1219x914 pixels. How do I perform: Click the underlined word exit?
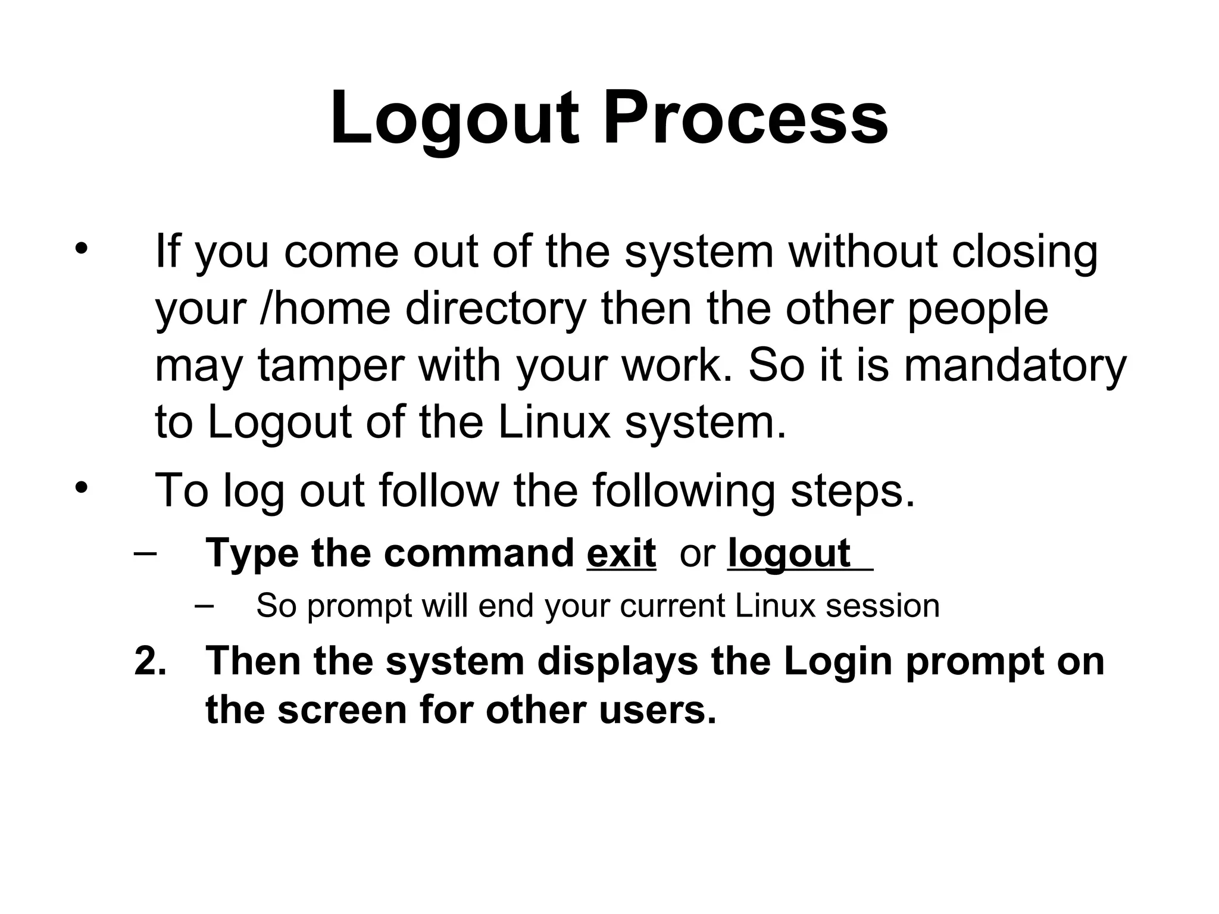pos(621,553)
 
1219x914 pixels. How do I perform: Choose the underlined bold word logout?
pos(789,553)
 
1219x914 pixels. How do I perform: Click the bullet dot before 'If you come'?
pos(81,248)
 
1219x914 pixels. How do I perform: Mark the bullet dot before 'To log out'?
pos(81,488)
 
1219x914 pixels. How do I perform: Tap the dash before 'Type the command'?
pos(146,552)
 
